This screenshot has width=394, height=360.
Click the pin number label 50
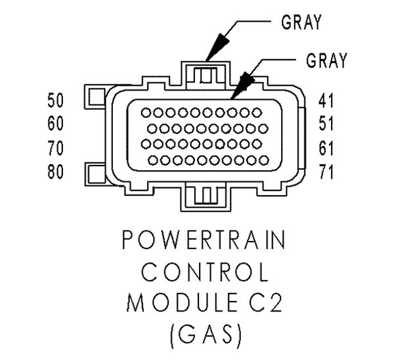tap(56, 101)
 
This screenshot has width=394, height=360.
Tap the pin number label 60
tap(56, 124)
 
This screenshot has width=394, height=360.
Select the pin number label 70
tap(56, 148)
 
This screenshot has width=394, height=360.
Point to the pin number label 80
tap(56, 172)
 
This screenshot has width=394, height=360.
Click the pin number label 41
tap(326, 101)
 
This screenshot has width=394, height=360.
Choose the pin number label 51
tap(326, 124)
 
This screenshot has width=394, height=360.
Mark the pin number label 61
tap(326, 148)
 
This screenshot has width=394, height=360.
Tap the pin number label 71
tap(326, 172)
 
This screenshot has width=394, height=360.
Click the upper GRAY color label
tap(301, 22)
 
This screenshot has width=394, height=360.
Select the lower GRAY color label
tap(326, 60)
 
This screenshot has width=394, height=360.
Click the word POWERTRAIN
tap(204, 240)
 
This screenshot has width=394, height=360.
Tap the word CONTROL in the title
tap(205, 272)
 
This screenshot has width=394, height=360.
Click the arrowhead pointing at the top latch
tap(217, 47)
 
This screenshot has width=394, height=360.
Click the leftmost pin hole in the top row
tap(146, 112)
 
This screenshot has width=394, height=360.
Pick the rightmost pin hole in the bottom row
tap(264, 160)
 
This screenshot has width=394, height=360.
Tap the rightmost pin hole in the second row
tap(263, 129)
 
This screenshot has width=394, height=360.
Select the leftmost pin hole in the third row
tap(146, 144)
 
